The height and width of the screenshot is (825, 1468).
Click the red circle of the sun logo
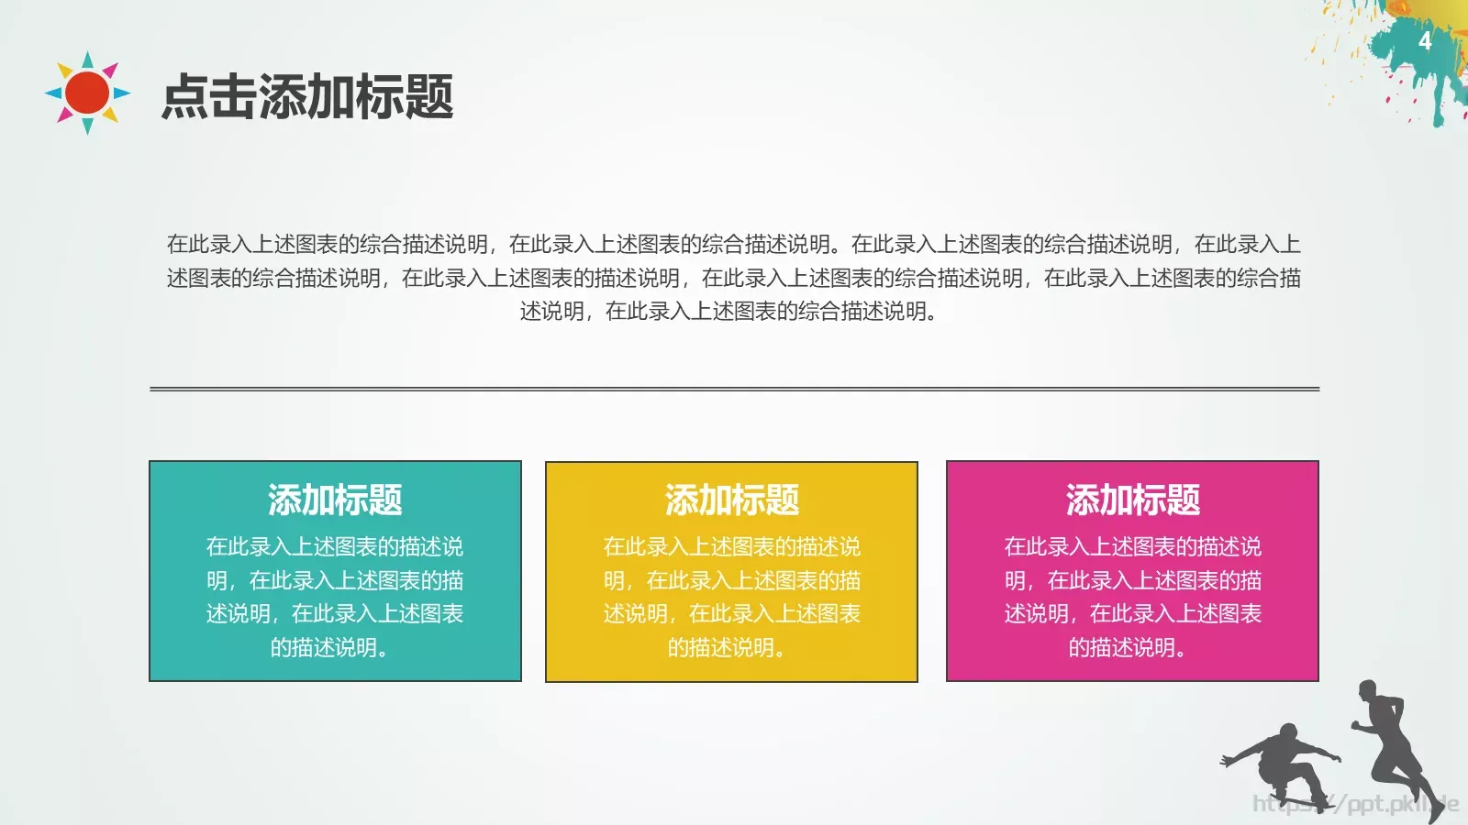(x=88, y=93)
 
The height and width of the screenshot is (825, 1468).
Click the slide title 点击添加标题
(x=307, y=97)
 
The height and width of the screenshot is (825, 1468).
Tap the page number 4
(x=1424, y=41)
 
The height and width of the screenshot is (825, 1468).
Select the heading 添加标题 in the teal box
(x=335, y=500)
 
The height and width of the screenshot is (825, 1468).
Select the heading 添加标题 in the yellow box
(x=731, y=500)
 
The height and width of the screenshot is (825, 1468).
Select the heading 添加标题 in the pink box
(x=1132, y=500)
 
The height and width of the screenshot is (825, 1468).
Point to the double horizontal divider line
(x=734, y=389)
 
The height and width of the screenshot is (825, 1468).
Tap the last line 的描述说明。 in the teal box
(x=330, y=648)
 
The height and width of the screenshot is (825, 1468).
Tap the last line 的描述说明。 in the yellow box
(x=728, y=648)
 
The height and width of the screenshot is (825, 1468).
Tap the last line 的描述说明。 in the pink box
(x=1129, y=648)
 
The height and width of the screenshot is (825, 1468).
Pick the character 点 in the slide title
(x=185, y=97)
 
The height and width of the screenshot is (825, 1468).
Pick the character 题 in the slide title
(x=429, y=97)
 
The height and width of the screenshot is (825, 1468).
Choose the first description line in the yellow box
(x=731, y=547)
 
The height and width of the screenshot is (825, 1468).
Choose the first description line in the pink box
(x=1132, y=547)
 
